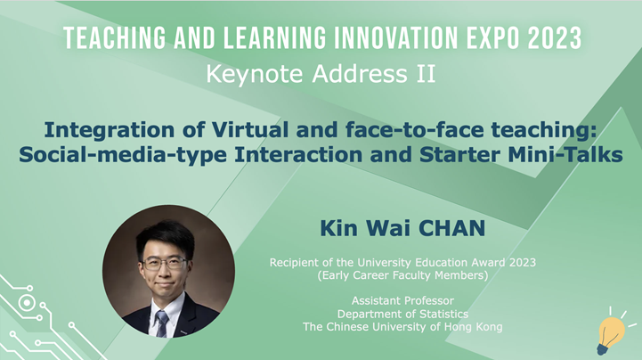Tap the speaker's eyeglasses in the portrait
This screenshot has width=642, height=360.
click(x=165, y=264)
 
